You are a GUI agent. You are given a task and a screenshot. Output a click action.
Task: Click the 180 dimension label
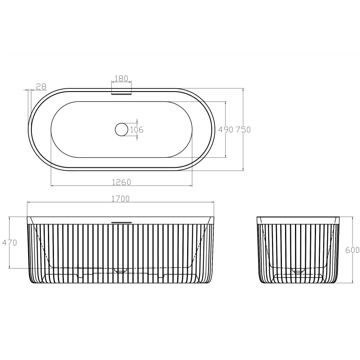click(x=121, y=78)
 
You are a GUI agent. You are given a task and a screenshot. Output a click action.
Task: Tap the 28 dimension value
click(x=41, y=86)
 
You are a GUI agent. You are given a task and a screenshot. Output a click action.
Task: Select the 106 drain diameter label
click(x=137, y=130)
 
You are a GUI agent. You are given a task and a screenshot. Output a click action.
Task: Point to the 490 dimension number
click(x=226, y=130)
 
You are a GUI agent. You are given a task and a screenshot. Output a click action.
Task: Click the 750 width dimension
click(x=243, y=130)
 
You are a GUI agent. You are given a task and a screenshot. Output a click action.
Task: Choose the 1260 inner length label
click(x=121, y=182)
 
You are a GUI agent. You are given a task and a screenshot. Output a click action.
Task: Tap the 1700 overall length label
click(x=121, y=198)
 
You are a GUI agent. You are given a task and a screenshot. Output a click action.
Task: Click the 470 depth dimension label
click(x=10, y=243)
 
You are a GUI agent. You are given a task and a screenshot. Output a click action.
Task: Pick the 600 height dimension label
click(x=352, y=250)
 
